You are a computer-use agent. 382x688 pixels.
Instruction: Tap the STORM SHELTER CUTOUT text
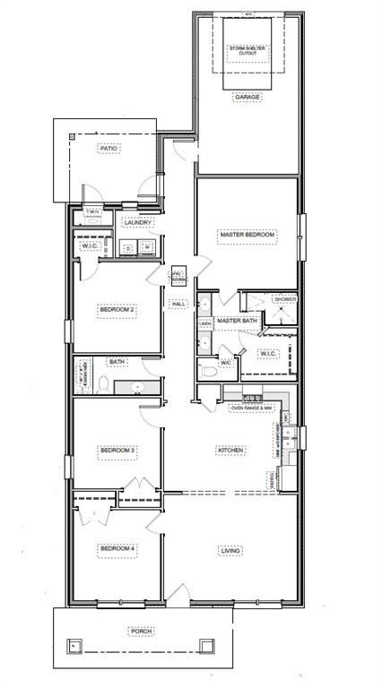coord(247,50)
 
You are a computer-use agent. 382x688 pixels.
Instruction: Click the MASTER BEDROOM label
coord(247,236)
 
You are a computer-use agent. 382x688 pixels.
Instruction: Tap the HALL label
coord(178,304)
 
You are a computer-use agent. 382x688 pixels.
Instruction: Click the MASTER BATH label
coord(238,320)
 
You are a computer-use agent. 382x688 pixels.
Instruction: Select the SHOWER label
coord(283,299)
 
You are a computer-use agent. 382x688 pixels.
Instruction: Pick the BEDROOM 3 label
coord(117,450)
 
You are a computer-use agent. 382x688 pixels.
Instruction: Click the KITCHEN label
coord(229,450)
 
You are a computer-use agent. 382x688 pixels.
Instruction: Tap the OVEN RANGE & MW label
coord(251,408)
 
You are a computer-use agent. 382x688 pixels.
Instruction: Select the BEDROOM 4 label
coord(117,549)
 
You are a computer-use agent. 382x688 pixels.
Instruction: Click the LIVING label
coord(229,549)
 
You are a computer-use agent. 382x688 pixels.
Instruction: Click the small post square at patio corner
coord(73,135)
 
